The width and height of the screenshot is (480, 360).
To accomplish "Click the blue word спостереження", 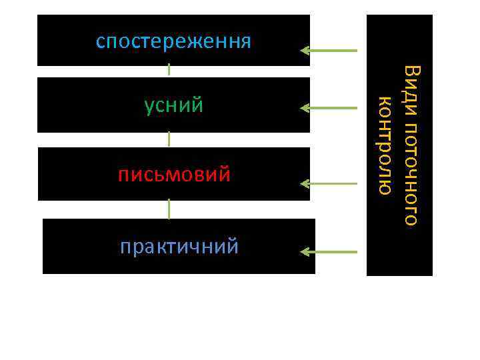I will (173, 42).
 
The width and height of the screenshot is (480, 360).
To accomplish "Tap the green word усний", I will (174, 106).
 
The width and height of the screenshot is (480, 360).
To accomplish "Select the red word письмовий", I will (175, 175).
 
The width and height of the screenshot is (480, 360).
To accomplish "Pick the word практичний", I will (179, 247).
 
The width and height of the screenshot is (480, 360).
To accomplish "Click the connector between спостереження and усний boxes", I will (169, 69).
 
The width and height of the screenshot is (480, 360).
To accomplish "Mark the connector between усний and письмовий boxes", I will (169, 139).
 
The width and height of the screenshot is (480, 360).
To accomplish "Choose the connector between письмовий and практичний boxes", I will (169, 209).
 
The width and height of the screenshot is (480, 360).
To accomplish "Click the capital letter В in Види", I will (412, 71).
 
